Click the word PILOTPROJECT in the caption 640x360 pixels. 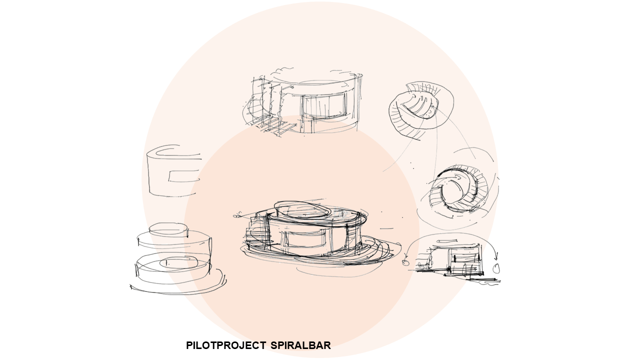coord(225,345)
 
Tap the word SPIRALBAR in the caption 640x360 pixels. coord(300,345)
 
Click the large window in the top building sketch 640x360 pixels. coord(324,105)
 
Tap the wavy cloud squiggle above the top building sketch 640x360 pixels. coord(285,69)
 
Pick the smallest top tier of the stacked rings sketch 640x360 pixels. coord(168,230)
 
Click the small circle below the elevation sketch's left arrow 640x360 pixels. coord(405,262)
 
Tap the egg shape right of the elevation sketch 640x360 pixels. coord(496,268)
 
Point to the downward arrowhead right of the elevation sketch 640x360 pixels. coord(496,256)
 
